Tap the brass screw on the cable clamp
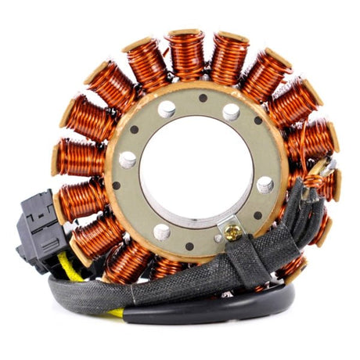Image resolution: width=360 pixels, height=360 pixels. tap(232, 231)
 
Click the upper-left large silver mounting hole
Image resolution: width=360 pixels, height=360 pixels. tap(167, 110)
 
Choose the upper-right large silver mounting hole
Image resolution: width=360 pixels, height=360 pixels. tap(231, 112)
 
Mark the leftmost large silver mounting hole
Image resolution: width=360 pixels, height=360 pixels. tap(128, 160)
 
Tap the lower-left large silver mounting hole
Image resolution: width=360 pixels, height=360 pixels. tap(162, 232)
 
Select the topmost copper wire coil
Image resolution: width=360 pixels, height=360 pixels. tap(186, 55)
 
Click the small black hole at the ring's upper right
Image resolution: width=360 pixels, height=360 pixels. tap(258, 121)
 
